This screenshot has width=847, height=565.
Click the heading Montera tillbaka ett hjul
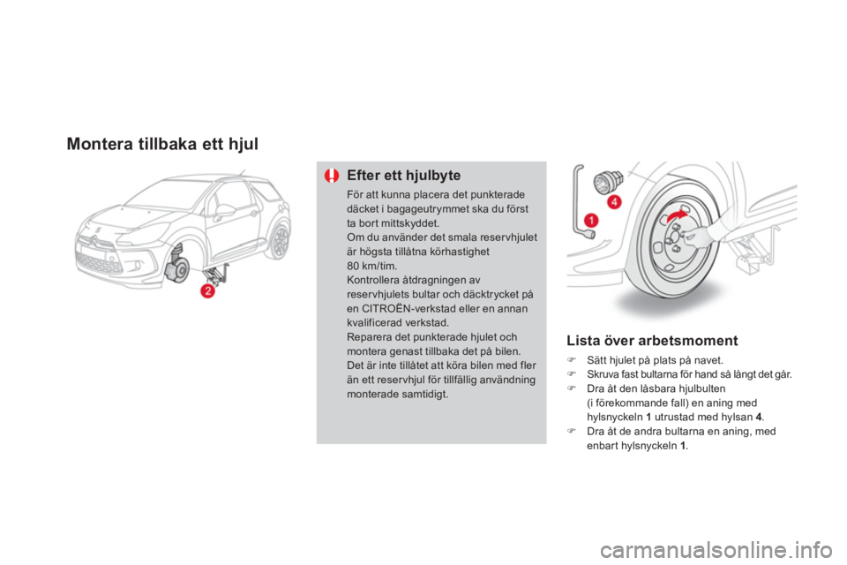162,144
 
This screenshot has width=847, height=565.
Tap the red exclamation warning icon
332,176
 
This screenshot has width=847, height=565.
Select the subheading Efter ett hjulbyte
403,176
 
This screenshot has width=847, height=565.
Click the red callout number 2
208,290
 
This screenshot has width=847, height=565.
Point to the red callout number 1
591,220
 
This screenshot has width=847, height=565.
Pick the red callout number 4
614,202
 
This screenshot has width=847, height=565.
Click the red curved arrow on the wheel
678,216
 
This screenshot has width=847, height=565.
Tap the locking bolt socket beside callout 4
609,181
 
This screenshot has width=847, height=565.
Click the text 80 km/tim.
371,266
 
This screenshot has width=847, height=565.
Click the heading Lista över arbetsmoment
652,341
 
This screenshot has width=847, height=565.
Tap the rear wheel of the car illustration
280,241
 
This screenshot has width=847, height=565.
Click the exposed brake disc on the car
178,270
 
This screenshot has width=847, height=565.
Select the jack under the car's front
215,274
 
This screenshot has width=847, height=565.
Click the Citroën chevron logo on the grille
95,237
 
